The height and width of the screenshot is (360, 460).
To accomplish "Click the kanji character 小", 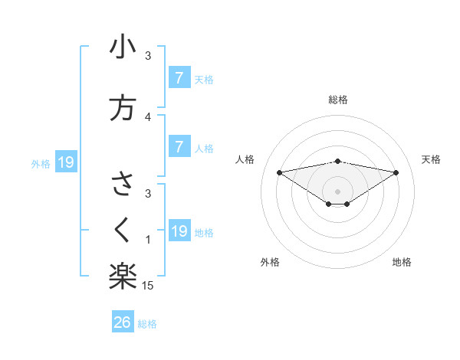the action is pyautogui.click(x=123, y=47).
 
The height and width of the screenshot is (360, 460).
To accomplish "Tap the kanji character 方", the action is pyautogui.click(x=123, y=108).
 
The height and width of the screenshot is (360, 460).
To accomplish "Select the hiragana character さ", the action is pyautogui.click(x=123, y=185).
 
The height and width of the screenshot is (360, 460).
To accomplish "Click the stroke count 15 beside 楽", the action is pyautogui.click(x=148, y=286).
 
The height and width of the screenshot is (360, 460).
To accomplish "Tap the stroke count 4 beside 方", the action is pyautogui.click(x=148, y=116).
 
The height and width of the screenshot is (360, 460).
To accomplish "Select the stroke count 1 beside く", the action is pyautogui.click(x=148, y=240).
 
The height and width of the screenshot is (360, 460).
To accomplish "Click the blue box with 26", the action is pyautogui.click(x=123, y=322).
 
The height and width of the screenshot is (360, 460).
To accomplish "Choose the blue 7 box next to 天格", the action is pyautogui.click(x=179, y=77).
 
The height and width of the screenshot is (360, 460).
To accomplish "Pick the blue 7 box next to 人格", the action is pyautogui.click(x=179, y=147).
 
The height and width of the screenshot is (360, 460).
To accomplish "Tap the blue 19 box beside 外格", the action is pyautogui.click(x=66, y=162).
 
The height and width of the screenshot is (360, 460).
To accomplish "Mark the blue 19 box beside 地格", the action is pyautogui.click(x=179, y=231).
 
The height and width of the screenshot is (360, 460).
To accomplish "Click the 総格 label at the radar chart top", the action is pyautogui.click(x=338, y=100).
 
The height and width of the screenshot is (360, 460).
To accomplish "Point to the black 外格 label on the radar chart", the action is pyautogui.click(x=269, y=262).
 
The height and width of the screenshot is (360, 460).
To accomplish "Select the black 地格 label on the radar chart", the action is pyautogui.click(x=402, y=262).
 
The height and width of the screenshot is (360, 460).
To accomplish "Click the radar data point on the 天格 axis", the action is pyautogui.click(x=396, y=172).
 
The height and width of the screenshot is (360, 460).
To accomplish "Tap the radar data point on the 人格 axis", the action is pyautogui.click(x=279, y=172).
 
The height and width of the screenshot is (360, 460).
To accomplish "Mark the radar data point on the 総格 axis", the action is pyautogui.click(x=338, y=161).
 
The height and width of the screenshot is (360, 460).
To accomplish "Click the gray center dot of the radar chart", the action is pyautogui.click(x=338, y=191).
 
